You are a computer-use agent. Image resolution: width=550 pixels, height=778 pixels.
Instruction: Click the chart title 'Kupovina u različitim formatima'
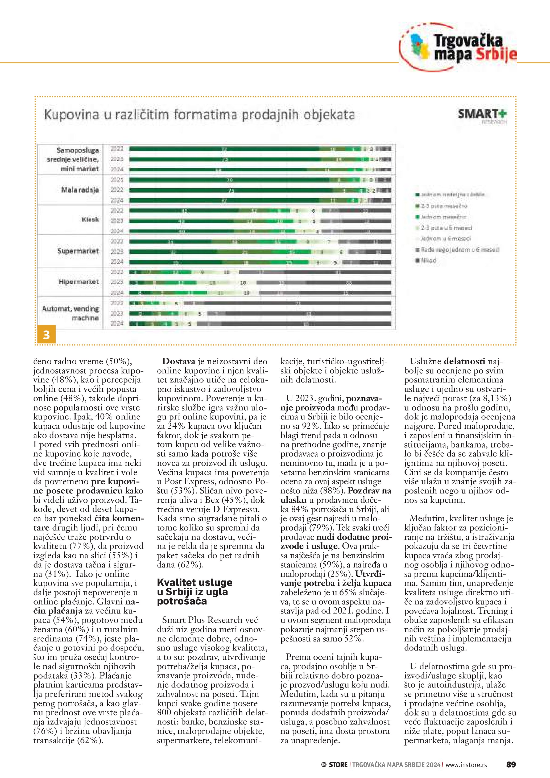200,114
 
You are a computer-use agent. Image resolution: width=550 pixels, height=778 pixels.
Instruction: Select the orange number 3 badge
46,335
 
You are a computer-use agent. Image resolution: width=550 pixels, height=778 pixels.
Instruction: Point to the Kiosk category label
90,220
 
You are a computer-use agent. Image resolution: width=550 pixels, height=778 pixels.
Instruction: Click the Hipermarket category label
78,282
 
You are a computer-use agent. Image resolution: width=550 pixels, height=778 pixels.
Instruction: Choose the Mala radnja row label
80,190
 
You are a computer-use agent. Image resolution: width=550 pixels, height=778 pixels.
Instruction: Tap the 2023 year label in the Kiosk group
117,221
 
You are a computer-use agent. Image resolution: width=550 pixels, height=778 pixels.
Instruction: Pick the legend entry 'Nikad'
428,261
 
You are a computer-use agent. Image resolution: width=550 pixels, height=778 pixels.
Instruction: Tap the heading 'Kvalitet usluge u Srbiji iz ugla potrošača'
195,592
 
